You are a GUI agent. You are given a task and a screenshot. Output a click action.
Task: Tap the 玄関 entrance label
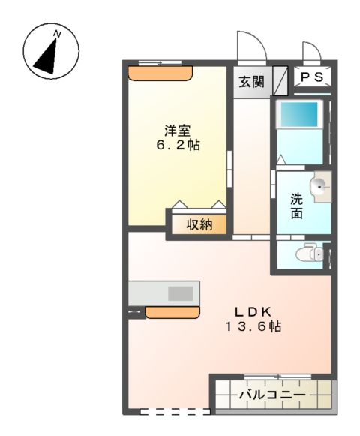pyautogui.click(x=252, y=81)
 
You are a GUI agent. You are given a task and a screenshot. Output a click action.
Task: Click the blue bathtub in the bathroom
pyautogui.click(x=299, y=115)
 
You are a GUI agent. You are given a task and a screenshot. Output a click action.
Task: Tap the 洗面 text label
pyautogui.click(x=297, y=206)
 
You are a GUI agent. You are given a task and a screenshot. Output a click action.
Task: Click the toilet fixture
pyautogui.click(x=308, y=254)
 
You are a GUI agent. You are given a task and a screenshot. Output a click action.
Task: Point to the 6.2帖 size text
pyautogui.click(x=176, y=144)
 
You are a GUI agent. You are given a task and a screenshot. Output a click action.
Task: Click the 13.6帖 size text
pyautogui.click(x=250, y=327)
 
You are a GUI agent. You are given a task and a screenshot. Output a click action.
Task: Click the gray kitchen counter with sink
pyautogui.click(x=163, y=292)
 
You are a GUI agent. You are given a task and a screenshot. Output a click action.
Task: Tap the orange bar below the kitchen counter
pyautogui.click(x=172, y=311)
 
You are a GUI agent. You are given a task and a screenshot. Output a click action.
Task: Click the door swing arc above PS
pyautogui.click(x=312, y=51)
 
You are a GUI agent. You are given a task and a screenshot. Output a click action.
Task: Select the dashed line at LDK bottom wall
pyautogui.click(x=175, y=411)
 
